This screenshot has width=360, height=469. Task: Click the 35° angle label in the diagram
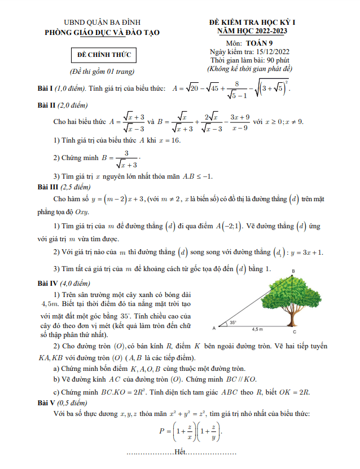pos(233,323)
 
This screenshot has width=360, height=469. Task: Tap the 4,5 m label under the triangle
pos(257,329)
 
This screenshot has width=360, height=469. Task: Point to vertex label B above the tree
pos(293,272)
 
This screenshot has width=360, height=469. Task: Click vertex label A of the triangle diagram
pos(214,328)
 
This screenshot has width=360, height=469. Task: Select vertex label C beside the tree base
pos(295,331)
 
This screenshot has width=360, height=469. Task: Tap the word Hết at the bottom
pos(180,452)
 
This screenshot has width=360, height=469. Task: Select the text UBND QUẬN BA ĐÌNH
pos(102,23)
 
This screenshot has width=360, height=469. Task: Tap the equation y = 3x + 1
pos(305,252)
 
